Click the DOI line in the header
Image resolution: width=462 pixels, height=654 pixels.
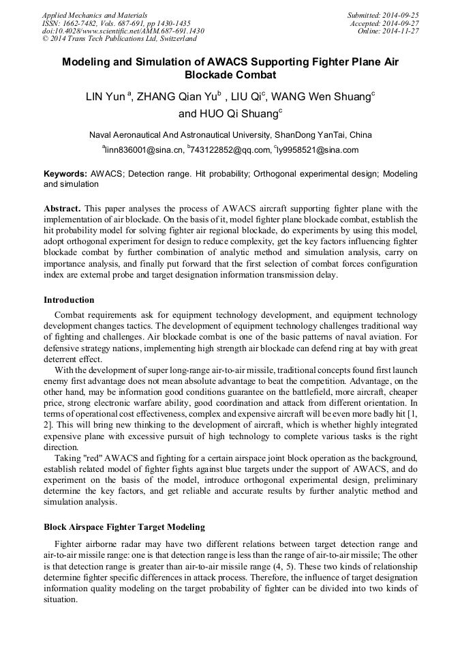(x=123, y=31)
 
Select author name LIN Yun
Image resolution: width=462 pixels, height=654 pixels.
(x=104, y=97)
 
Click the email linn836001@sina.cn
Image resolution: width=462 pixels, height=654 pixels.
(x=144, y=150)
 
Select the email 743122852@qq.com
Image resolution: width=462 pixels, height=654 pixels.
(x=230, y=150)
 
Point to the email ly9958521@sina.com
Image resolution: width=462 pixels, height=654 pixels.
(x=318, y=150)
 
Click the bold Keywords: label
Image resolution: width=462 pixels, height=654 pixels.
(x=65, y=175)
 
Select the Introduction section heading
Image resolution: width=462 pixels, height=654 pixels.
(x=69, y=299)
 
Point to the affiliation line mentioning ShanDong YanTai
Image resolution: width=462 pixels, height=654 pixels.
(x=231, y=134)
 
